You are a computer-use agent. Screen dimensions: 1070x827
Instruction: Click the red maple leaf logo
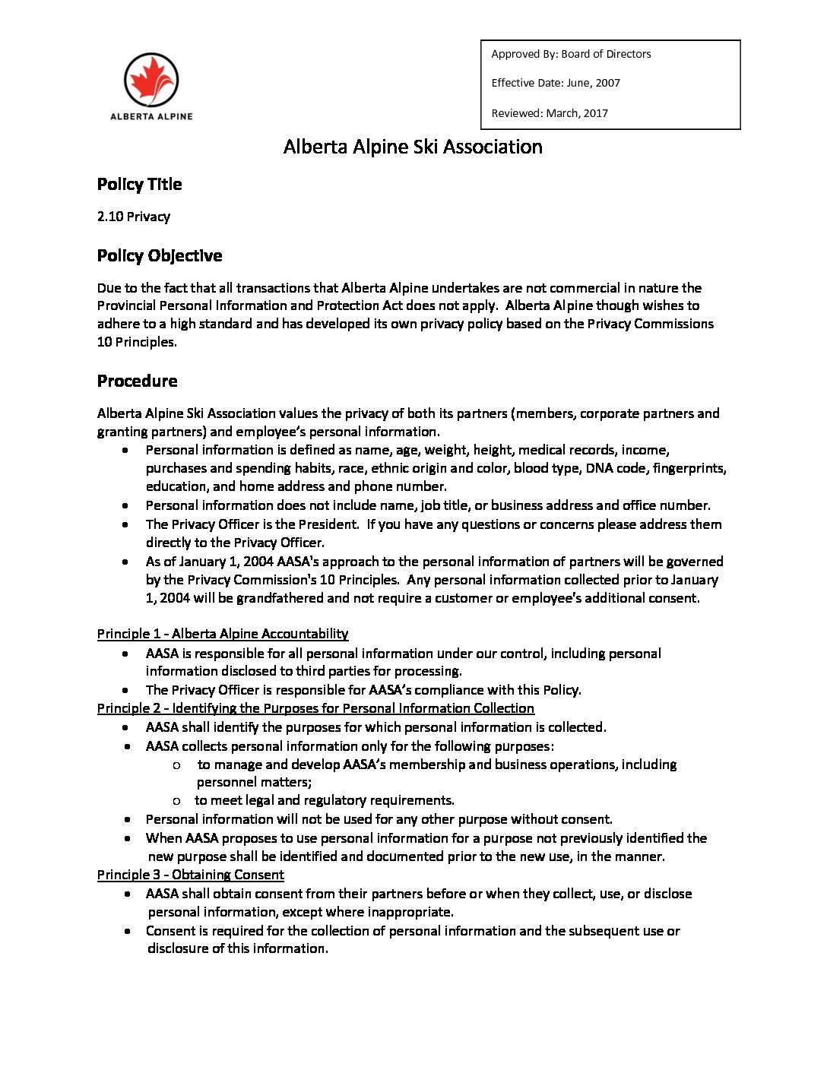[x=151, y=80]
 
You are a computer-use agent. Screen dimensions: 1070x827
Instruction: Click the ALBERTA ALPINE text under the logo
[x=151, y=116]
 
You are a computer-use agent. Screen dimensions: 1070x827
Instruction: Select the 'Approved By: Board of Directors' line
[x=571, y=54]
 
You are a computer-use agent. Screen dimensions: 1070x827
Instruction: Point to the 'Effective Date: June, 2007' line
[x=556, y=83]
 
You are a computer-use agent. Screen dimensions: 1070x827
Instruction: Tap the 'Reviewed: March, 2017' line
[x=550, y=113]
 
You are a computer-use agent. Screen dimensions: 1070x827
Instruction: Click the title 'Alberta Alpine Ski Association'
[x=413, y=147]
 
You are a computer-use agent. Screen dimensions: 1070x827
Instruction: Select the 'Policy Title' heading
[x=139, y=185]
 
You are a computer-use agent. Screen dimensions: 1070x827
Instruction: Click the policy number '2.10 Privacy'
[x=134, y=217]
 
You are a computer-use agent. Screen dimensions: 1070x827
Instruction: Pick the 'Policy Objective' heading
[x=160, y=256]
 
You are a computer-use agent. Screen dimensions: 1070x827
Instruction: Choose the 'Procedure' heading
[x=137, y=381]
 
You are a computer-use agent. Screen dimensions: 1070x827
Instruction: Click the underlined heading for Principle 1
[x=223, y=634]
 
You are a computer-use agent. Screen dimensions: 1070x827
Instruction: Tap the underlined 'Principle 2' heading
[x=315, y=708]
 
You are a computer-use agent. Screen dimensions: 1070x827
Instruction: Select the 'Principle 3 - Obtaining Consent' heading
[x=190, y=875]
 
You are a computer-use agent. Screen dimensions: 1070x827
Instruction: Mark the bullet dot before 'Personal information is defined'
[x=125, y=451]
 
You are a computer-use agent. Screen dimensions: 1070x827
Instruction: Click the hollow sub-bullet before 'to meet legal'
[x=176, y=801]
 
